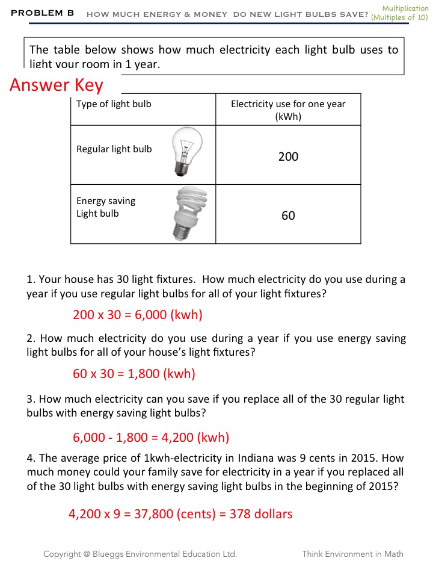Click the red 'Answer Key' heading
pos(57,85)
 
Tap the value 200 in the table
pos(288,157)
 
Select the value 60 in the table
pos(288,215)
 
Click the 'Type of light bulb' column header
pos(114,104)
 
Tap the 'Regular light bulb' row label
pos(114,149)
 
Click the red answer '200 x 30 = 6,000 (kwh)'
pos(138,315)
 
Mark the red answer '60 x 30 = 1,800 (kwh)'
pos(134,374)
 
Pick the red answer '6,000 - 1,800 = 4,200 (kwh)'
pos(151,438)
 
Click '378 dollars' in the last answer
pos(261,514)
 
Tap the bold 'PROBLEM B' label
pos(42,13)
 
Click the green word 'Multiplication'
pos(405,8)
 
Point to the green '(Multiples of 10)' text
pos(399,17)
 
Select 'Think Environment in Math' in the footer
pos(352,554)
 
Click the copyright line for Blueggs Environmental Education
pos(140,554)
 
